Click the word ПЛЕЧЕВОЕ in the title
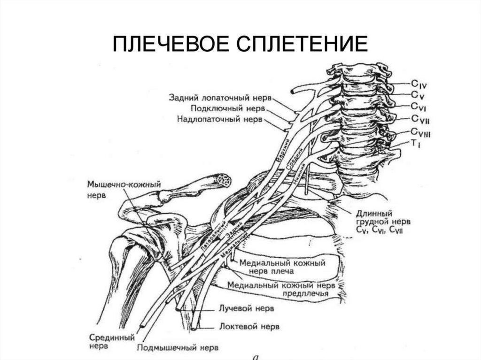tap(164, 45)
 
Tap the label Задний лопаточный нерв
tap(220, 98)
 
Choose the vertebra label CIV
tap(419, 85)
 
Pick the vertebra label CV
tap(418, 96)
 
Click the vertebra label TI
tap(415, 144)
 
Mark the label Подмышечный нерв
tap(178, 348)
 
